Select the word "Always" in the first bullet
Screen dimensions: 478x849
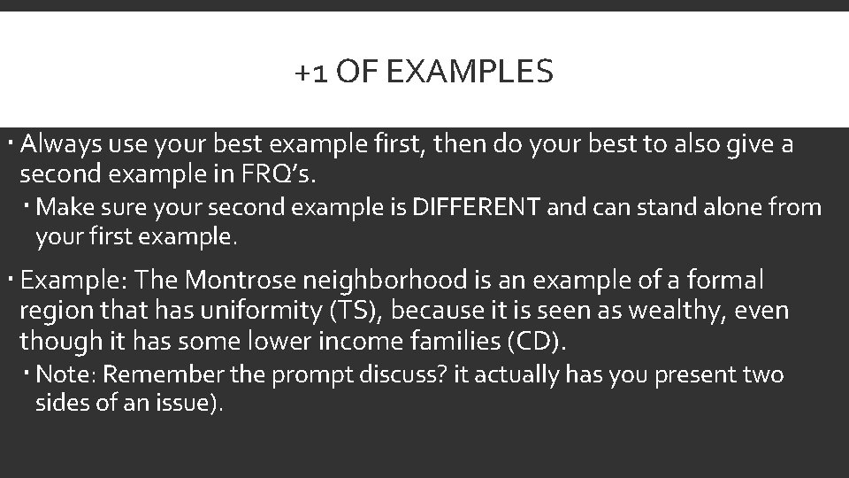tap(58, 143)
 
